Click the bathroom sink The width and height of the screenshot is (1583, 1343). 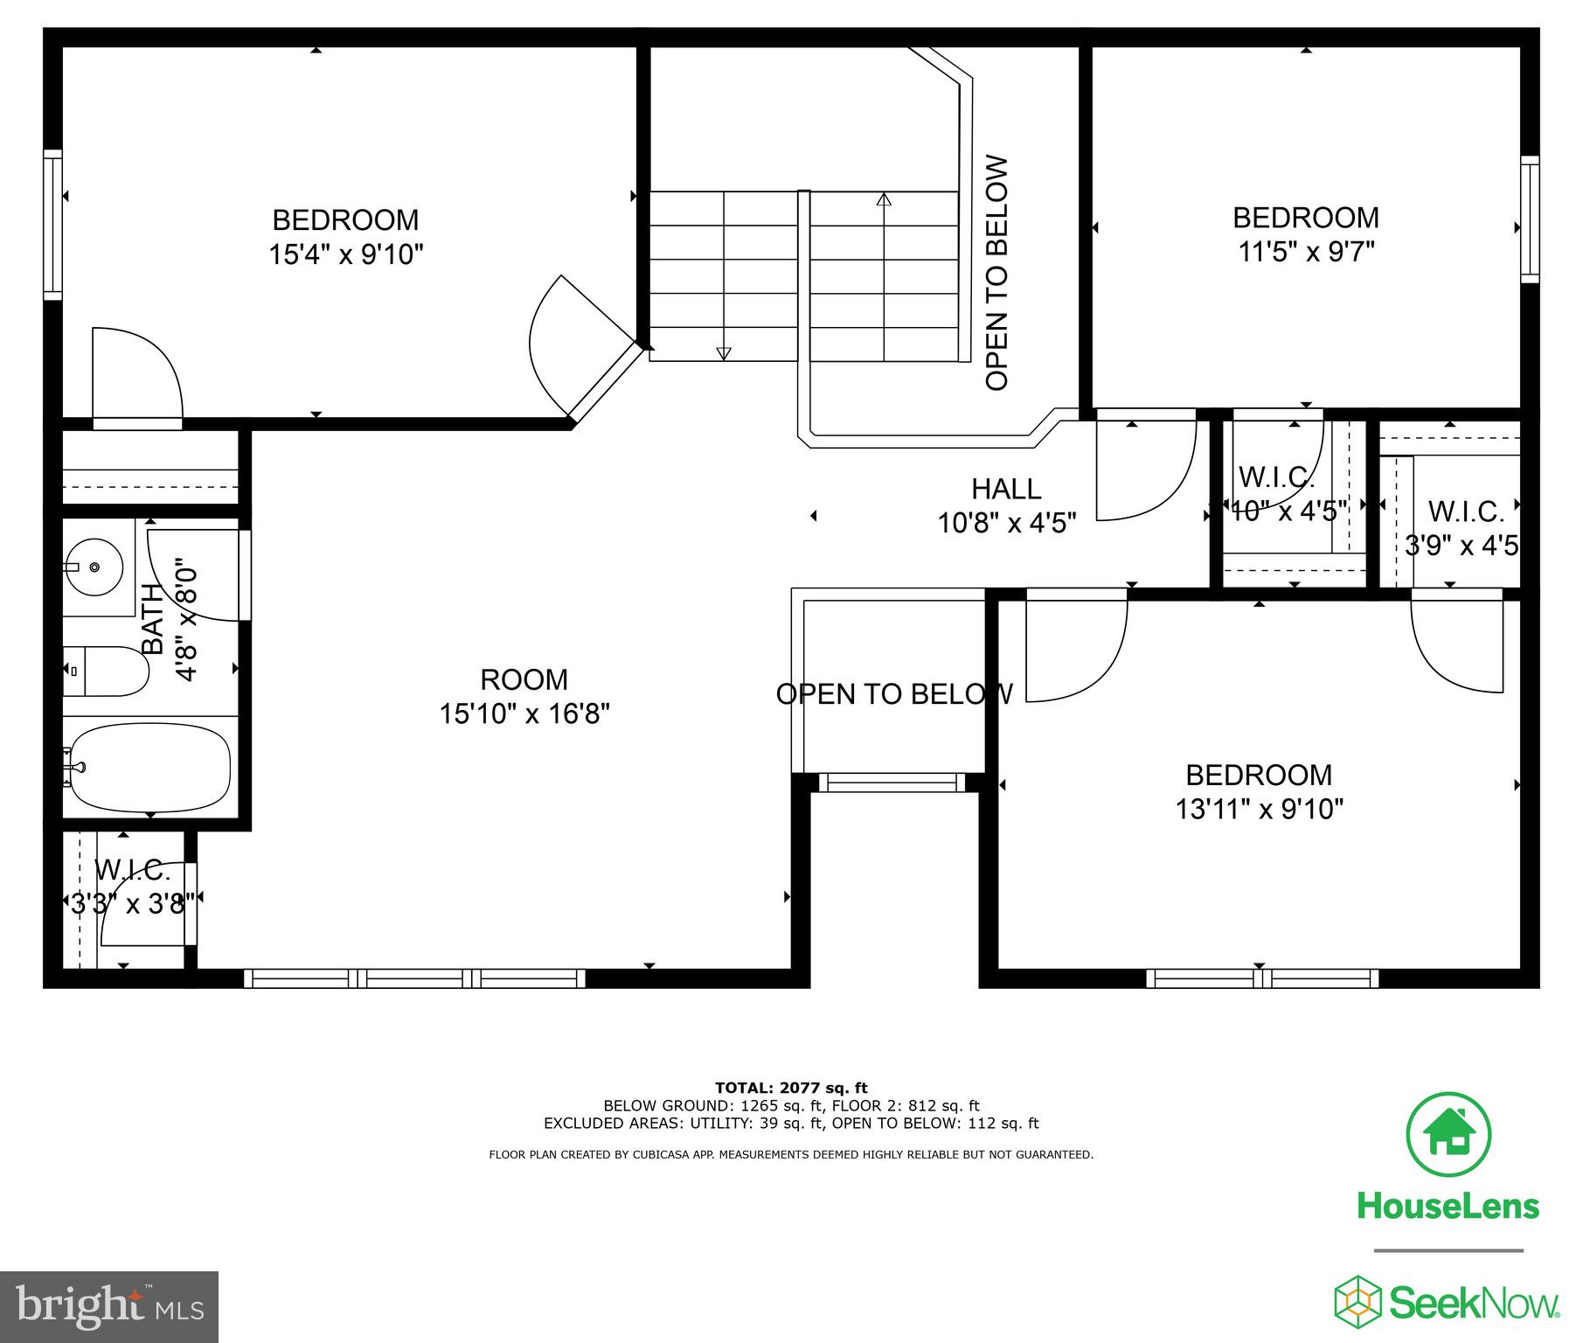94,567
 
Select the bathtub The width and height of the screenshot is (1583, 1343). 149,767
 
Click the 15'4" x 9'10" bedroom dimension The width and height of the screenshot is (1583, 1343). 346,254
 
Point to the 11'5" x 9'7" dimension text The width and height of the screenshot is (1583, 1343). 1306,252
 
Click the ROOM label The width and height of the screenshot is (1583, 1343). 524,679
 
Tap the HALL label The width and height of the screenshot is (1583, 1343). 1006,488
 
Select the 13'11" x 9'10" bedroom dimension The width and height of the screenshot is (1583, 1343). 1259,809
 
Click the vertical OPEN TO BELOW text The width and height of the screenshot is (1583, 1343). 996,273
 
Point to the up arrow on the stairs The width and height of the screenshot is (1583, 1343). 884,200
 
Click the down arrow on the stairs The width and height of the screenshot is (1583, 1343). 723,352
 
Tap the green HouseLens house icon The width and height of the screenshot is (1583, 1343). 1448,1135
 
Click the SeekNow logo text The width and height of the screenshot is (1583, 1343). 1474,1304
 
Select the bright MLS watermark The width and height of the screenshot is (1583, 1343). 109,1306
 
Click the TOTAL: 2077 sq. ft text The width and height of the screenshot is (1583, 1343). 791,1088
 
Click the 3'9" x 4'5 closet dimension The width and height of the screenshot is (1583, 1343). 1461,546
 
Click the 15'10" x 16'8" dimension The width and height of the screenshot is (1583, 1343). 524,713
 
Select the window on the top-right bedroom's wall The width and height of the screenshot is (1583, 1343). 1529,219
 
